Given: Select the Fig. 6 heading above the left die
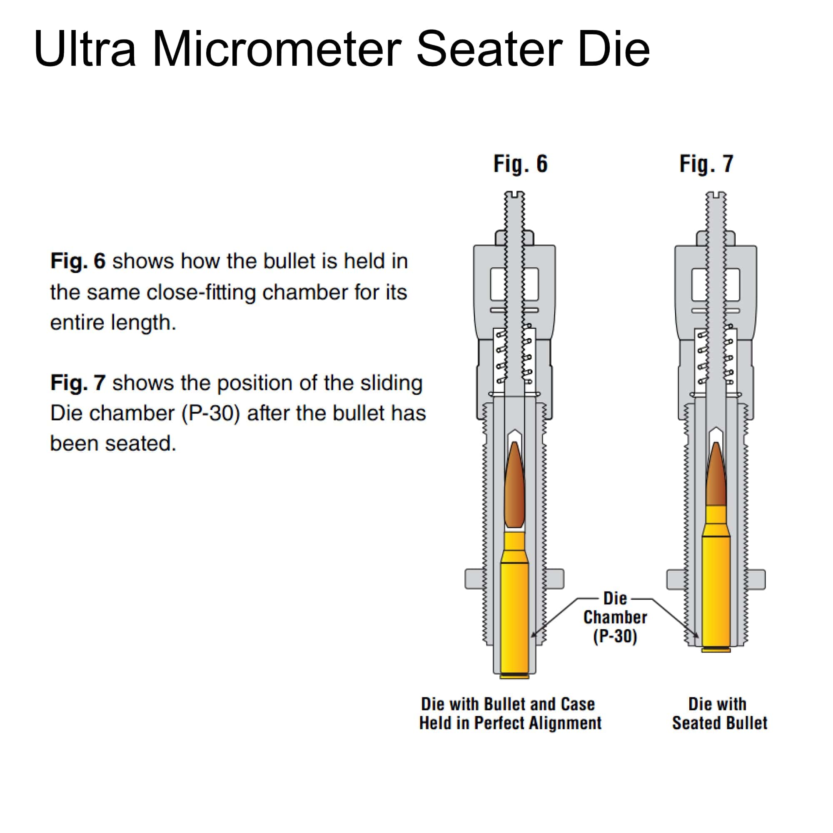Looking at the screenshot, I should tap(520, 164).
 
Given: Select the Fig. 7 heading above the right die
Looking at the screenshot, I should tap(706, 164).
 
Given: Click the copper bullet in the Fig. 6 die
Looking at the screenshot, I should tap(514, 487).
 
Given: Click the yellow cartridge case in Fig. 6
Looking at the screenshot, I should tap(514, 612).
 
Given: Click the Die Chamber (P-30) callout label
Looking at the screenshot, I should tap(615, 617).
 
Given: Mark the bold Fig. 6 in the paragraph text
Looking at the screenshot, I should tap(78, 261).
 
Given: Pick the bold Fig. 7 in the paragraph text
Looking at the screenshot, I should tap(78, 383).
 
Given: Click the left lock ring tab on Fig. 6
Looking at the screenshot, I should tap(474, 579).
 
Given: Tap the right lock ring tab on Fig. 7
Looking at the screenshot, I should tap(757, 579).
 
